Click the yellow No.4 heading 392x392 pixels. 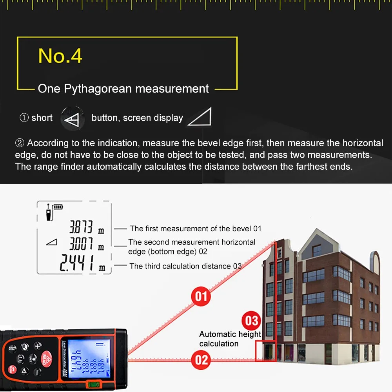60,56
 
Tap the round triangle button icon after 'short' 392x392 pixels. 73,118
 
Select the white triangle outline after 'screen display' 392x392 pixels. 200,117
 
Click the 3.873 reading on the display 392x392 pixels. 81,227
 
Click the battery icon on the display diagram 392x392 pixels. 58,207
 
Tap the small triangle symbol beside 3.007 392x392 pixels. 51,243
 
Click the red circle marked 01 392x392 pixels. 201,296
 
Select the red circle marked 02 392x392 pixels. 201,359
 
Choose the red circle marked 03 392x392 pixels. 251,321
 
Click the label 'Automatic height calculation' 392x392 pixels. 230,339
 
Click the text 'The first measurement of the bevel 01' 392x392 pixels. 195,229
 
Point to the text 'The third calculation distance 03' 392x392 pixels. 185,266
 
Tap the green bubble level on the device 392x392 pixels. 93,385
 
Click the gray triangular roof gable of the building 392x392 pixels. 314,243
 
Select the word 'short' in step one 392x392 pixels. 42,118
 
